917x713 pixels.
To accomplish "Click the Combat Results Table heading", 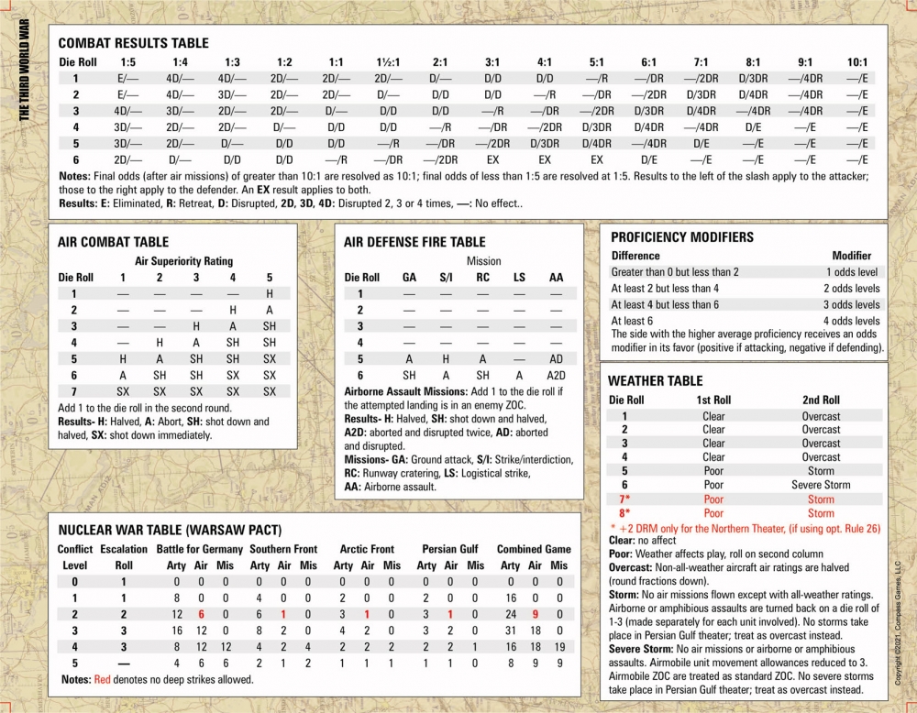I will (x=133, y=43).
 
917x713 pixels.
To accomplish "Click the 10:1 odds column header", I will (x=857, y=61).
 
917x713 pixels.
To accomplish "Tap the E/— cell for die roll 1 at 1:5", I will (x=127, y=78).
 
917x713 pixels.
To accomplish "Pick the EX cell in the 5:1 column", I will (x=596, y=159).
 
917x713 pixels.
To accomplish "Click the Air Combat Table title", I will (x=113, y=242).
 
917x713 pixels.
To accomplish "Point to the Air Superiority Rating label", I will (x=184, y=261).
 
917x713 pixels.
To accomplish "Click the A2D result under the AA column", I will (x=556, y=376).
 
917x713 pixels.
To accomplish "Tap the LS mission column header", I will (x=519, y=277).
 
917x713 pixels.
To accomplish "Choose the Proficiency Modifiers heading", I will (x=682, y=236).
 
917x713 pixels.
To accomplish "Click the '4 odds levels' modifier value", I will (x=852, y=321).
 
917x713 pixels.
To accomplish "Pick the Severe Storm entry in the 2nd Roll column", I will (x=821, y=485).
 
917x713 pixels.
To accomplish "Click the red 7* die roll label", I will (x=624, y=499).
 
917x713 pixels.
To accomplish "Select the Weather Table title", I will (x=655, y=380).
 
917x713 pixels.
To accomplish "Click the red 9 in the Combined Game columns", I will (x=534, y=614).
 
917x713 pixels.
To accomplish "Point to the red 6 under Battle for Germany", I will (x=199, y=614).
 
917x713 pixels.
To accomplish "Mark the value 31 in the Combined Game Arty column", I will (x=509, y=631).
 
